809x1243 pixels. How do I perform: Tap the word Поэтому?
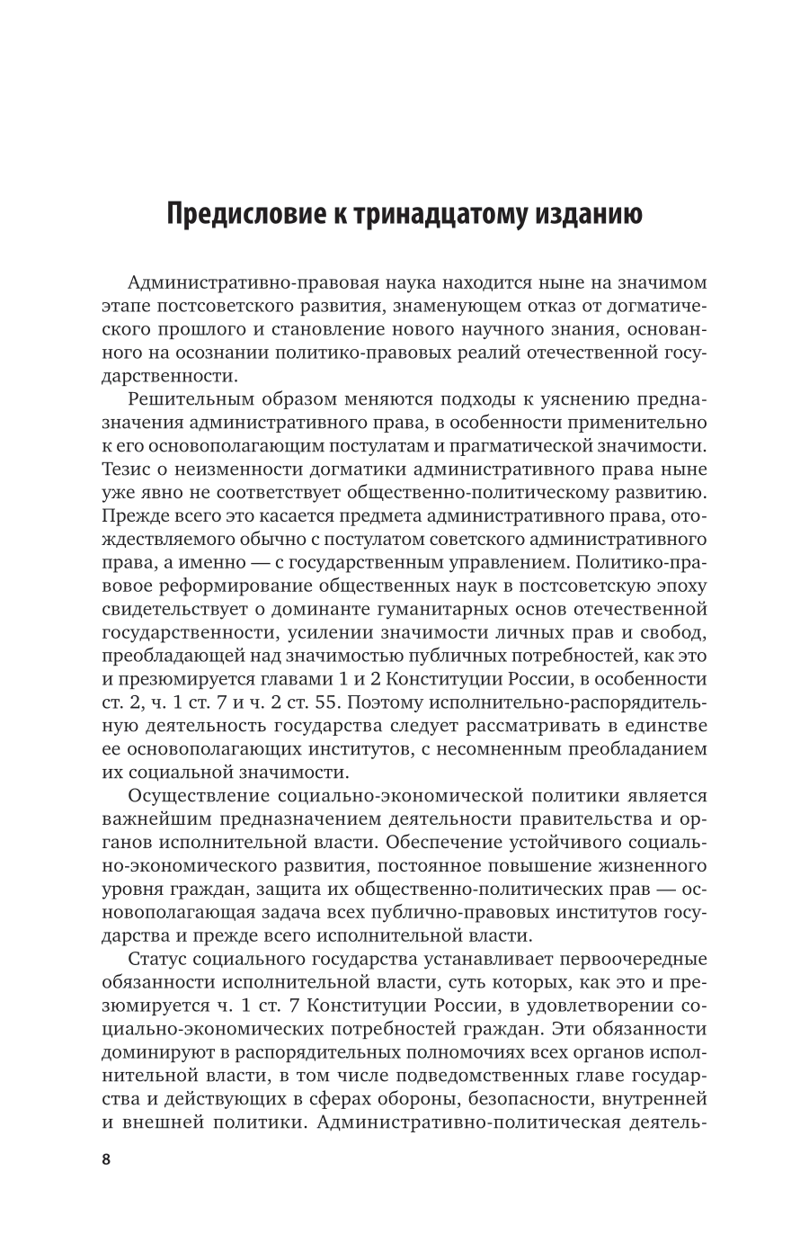pos(372,702)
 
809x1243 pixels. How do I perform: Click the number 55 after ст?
pos(342,702)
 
